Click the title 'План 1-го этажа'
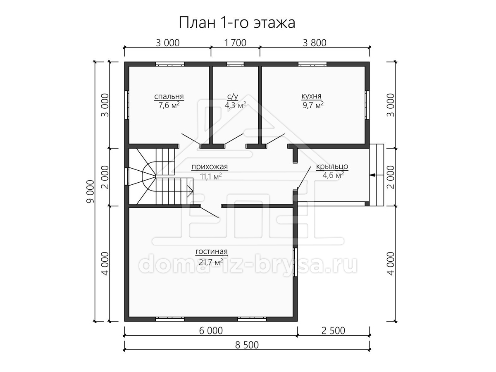click(237, 23)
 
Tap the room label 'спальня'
click(169, 97)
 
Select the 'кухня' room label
click(311, 96)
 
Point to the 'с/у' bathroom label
click(233, 97)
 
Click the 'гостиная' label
click(211, 251)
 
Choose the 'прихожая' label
click(210, 167)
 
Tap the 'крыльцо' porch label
click(332, 167)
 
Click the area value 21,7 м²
click(211, 262)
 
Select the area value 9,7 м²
click(313, 105)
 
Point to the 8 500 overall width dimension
click(247, 345)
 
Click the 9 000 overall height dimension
click(90, 191)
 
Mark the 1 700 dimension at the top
click(235, 43)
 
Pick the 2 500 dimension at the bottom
click(333, 331)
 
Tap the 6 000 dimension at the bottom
click(211, 331)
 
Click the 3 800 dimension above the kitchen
click(315, 43)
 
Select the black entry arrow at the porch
click(377, 175)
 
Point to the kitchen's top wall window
click(312, 64)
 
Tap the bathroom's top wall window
click(236, 64)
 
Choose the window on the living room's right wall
click(295, 262)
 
